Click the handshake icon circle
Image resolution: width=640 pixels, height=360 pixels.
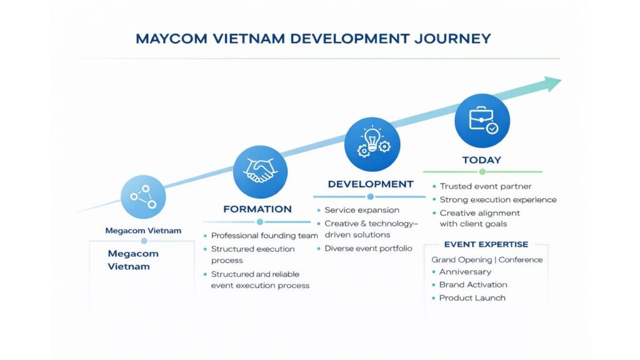pyautogui.click(x=260, y=172)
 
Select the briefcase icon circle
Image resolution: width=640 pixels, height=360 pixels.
pyautogui.click(x=482, y=121)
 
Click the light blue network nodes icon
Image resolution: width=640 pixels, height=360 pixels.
pyautogui.click(x=143, y=197)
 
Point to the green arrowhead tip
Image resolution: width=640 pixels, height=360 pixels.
pyautogui.click(x=561, y=81)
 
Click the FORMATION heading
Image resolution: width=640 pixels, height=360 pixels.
pyautogui.click(x=257, y=209)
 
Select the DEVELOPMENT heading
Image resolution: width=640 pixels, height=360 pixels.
pyautogui.click(x=371, y=184)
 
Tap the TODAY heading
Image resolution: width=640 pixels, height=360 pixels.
pyautogui.click(x=482, y=160)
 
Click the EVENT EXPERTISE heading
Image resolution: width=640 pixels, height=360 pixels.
pyautogui.click(x=486, y=244)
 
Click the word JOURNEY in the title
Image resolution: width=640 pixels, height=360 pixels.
pyautogui.click(x=452, y=39)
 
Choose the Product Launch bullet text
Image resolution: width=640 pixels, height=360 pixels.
pyautogui.click(x=472, y=298)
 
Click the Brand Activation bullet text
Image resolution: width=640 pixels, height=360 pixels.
pyautogui.click(x=473, y=284)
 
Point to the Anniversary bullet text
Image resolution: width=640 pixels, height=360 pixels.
pyautogui.click(x=465, y=272)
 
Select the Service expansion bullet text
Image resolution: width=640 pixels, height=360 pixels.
pyautogui.click(x=362, y=210)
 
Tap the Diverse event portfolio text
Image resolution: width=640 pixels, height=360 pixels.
pyautogui.click(x=368, y=248)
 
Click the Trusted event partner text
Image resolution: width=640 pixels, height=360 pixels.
pyautogui.click(x=486, y=186)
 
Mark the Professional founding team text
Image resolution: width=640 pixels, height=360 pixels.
pyautogui.click(x=264, y=236)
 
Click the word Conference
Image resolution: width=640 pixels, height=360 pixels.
pyautogui.click(x=521, y=259)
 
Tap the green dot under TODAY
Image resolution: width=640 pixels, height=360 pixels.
pyautogui.click(x=482, y=172)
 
